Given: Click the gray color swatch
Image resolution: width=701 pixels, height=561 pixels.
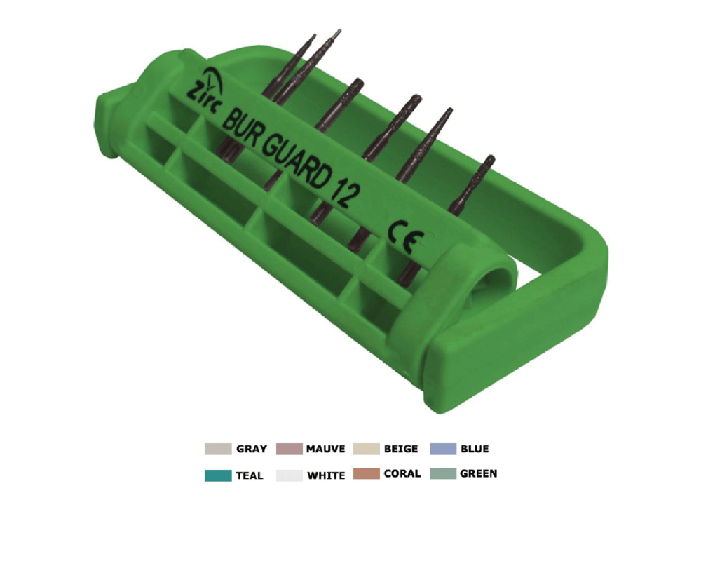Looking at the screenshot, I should pyautogui.click(x=218, y=449).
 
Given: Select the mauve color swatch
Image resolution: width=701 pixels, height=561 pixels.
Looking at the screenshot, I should pyautogui.click(x=289, y=449).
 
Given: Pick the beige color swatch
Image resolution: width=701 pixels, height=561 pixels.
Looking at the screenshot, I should pyautogui.click(x=365, y=449).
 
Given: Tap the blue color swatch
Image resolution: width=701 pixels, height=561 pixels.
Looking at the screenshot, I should pyautogui.click(x=442, y=449).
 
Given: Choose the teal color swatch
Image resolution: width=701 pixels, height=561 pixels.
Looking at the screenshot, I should pyautogui.click(x=218, y=475).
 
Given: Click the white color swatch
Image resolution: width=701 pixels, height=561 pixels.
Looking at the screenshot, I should pyautogui.click(x=289, y=475).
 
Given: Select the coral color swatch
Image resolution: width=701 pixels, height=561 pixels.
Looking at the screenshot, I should pyautogui.click(x=365, y=474).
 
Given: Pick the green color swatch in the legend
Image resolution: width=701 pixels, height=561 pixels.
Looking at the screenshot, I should pyautogui.click(x=442, y=474).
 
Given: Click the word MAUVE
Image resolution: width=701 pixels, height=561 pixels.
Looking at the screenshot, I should pyautogui.click(x=325, y=449).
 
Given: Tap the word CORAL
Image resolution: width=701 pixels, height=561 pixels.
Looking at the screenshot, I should pyautogui.click(x=402, y=474).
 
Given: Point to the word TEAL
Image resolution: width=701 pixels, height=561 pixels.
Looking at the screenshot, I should pyautogui.click(x=250, y=475).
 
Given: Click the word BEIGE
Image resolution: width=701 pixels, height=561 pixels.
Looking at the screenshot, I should pyautogui.click(x=401, y=449).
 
